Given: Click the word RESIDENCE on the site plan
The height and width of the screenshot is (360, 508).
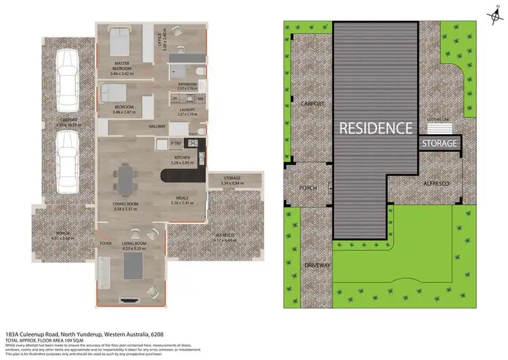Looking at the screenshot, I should [375, 127].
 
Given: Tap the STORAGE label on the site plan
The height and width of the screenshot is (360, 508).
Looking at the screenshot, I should [440, 144].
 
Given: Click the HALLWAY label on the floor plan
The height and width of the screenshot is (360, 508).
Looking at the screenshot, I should [157, 127].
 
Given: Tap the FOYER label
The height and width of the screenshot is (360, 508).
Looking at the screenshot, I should [106, 242].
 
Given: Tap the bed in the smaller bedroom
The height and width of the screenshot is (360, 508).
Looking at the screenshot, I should [115, 92].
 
